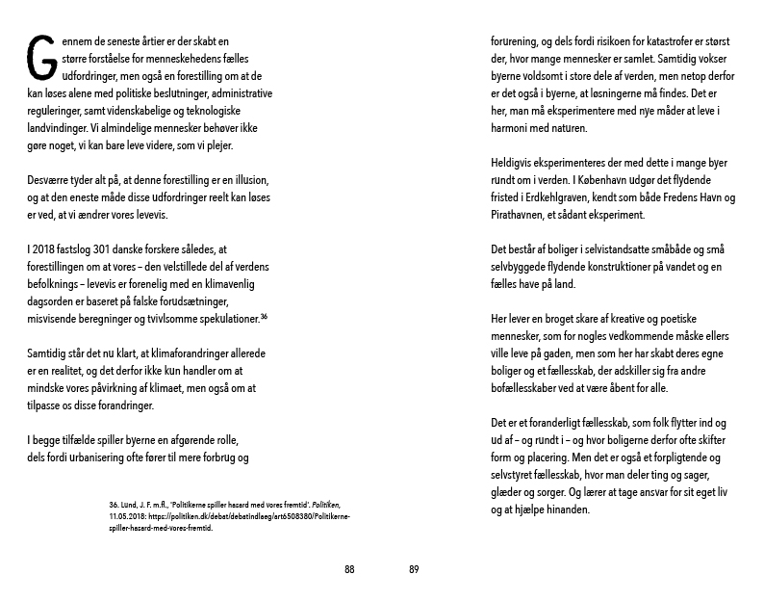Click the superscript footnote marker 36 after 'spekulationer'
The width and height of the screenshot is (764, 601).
pyautogui.click(x=263, y=317)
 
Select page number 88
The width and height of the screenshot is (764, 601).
pyautogui.click(x=349, y=569)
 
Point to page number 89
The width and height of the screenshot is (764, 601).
pyautogui.click(x=414, y=569)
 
